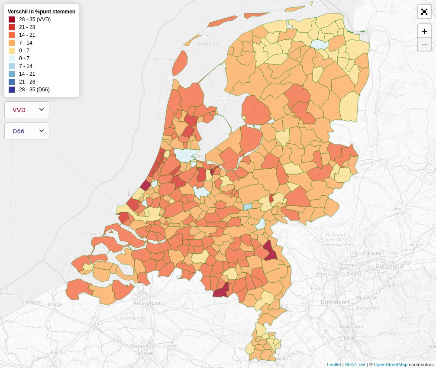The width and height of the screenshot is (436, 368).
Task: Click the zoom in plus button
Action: [x=424, y=31]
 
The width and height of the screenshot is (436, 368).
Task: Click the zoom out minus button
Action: [x=424, y=44]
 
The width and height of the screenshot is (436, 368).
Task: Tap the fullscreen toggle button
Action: [x=424, y=12]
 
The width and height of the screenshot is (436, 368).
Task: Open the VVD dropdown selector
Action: [x=27, y=110]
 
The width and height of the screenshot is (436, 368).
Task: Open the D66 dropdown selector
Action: [x=27, y=131]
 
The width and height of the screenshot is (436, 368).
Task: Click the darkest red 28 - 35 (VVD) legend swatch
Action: [x=12, y=19]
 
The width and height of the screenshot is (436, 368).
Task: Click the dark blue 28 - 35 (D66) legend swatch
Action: [x=12, y=90]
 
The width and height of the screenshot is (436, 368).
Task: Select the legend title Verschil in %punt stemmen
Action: [x=42, y=12]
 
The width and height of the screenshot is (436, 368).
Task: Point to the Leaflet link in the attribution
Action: [x=333, y=365]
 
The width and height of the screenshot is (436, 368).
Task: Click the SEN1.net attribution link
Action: [x=355, y=365]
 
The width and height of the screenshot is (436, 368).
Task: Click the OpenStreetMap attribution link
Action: [x=391, y=365]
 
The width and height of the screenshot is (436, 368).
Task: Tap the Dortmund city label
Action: [x=389, y=265]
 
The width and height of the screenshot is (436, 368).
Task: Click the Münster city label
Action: [x=401, y=209]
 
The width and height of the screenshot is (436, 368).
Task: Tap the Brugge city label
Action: [x=55, y=304]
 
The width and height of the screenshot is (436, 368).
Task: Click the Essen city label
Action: [x=354, y=273]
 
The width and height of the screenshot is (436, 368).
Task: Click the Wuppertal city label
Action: [x=366, y=297]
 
